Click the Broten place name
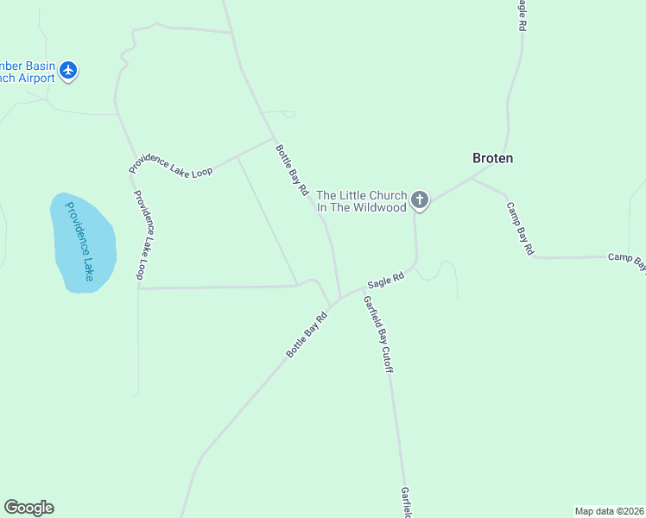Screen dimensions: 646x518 [x=492, y=158]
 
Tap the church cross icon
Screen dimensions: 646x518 [x=419, y=201]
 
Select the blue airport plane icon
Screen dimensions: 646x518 [x=69, y=71]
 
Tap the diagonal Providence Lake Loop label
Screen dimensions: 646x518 [x=170, y=161]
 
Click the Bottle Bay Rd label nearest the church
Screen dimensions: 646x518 [x=292, y=170]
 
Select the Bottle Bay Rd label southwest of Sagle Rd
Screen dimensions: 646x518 [x=308, y=334]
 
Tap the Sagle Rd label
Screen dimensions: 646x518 [x=386, y=281]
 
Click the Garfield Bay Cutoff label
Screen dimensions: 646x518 [x=378, y=334]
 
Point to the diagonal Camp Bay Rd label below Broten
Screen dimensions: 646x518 [x=520, y=228]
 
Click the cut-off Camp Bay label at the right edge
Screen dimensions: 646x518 [x=626, y=258]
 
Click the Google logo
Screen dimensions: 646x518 [x=28, y=508]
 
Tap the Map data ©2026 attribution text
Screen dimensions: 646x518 [x=608, y=510]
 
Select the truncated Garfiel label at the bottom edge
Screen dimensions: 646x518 [x=405, y=502]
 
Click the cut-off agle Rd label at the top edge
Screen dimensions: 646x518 [x=521, y=16]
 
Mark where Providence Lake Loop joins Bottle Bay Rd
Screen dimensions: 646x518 [x=274, y=138]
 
